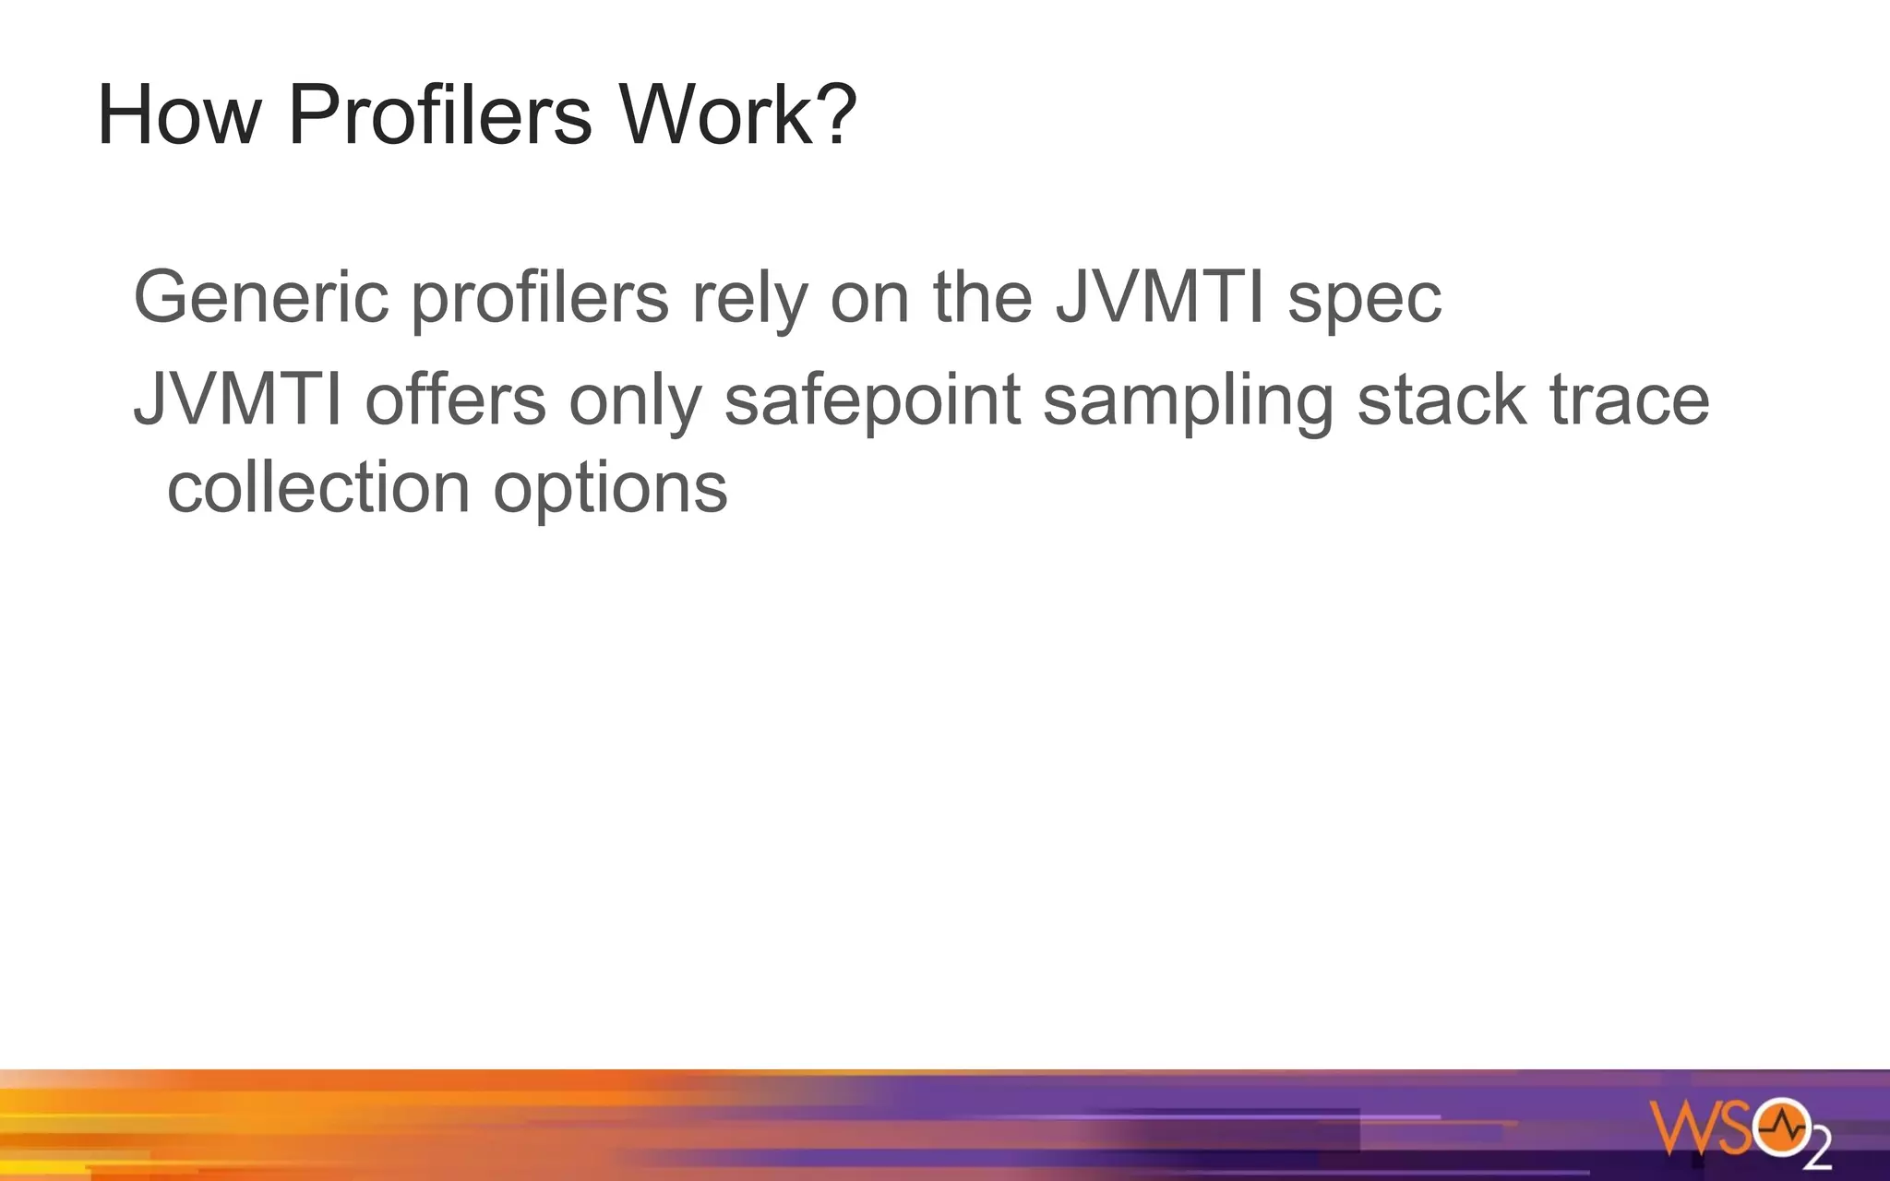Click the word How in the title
tap(179, 115)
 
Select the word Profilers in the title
tap(439, 115)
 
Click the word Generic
tap(261, 298)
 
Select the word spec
tap(1364, 298)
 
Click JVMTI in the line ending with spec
tap(1159, 298)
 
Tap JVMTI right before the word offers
tap(238, 400)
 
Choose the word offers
tap(456, 400)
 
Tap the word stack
tap(1441, 400)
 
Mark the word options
tap(610, 490)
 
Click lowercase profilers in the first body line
tap(540, 298)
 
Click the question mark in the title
tap(838, 115)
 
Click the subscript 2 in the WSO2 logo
tap(1818, 1151)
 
